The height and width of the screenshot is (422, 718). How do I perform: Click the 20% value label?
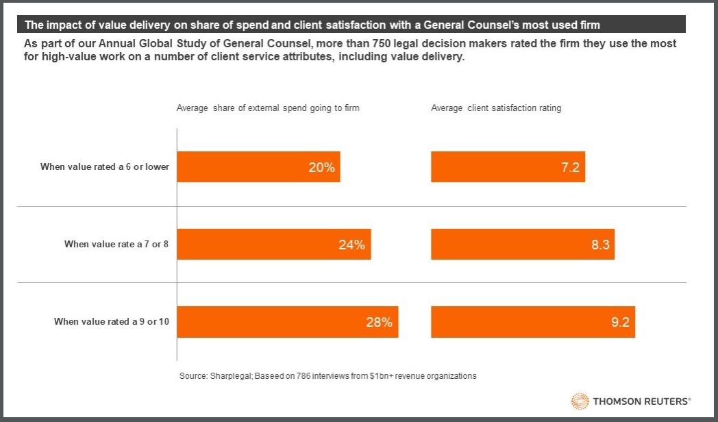click(x=321, y=167)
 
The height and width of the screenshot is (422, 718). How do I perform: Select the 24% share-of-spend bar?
click(x=274, y=245)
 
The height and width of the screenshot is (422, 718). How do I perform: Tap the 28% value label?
click(x=379, y=322)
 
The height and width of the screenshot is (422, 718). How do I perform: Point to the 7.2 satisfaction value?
click(x=571, y=167)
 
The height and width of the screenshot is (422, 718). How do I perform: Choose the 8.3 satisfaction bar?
click(x=522, y=245)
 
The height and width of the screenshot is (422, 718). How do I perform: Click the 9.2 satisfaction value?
click(x=620, y=322)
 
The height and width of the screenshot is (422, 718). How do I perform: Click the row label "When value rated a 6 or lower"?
click(x=104, y=166)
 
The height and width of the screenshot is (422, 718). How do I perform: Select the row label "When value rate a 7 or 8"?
click(x=116, y=244)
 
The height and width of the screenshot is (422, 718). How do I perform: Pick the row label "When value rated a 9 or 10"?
click(x=112, y=321)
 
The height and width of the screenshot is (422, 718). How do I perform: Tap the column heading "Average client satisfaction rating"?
click(x=496, y=108)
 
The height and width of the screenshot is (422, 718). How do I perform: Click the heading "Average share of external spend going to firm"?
click(x=268, y=108)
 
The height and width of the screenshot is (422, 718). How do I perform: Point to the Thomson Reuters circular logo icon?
click(x=580, y=401)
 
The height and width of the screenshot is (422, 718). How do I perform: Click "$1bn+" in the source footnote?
click(x=380, y=375)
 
